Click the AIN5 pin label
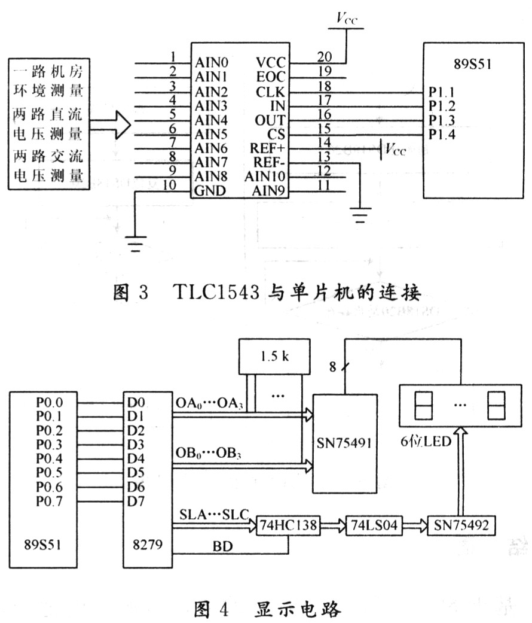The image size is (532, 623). (211, 134)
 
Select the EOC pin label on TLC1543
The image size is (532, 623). (271, 77)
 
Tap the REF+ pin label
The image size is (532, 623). (267, 148)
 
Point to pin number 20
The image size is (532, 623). (324, 57)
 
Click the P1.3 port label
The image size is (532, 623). (442, 120)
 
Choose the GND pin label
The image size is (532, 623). (210, 191)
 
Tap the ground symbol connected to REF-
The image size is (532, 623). (360, 215)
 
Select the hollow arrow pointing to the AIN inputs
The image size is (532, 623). (110, 125)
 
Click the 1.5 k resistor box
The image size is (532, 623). (274, 357)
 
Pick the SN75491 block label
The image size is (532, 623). (344, 443)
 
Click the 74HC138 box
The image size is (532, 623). (288, 525)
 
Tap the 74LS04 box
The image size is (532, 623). (374, 525)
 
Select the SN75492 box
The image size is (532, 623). (461, 525)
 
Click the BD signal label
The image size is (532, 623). (222, 546)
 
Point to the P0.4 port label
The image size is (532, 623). (49, 458)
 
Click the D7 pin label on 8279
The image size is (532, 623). (136, 502)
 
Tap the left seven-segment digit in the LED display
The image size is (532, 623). (423, 405)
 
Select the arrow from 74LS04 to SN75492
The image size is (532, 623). (415, 525)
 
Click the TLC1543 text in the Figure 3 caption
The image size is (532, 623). (216, 293)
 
